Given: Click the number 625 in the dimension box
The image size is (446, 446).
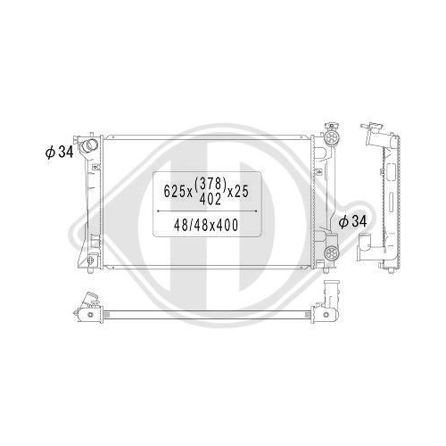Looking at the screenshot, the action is pos(176,191).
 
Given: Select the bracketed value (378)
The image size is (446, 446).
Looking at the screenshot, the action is pos(211,184).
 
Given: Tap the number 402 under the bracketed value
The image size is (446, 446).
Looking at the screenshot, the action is pos(211,199).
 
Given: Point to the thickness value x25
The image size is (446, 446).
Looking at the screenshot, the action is pos(238,191).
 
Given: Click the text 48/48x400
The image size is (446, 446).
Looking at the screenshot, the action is pos(206,225).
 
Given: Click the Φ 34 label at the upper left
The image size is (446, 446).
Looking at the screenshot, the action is pos(59,153).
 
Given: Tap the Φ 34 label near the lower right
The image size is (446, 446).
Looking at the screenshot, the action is pos(352,221).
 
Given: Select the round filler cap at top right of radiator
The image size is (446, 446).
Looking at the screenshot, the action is pos(332,137).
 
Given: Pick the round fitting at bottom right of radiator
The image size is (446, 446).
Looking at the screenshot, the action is pos(331,253).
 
